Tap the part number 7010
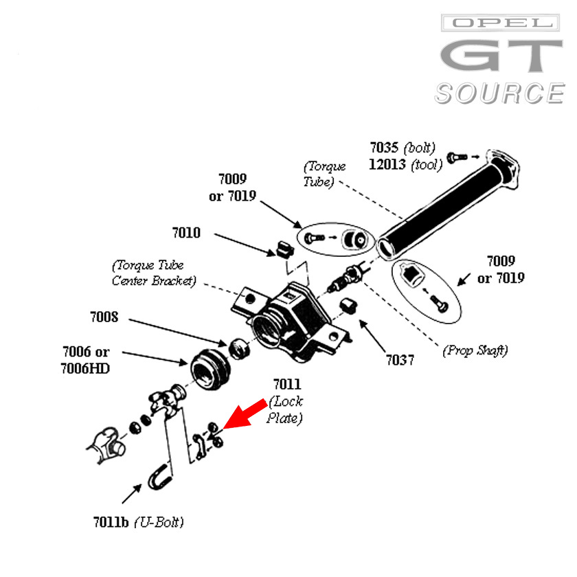click(x=186, y=233)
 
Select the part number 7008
click(x=104, y=317)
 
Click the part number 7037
click(x=400, y=360)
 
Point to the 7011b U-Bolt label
click(x=138, y=522)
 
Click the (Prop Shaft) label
click(x=475, y=350)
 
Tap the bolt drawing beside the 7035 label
click(x=457, y=157)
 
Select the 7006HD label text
click(x=85, y=369)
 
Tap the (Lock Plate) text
click(x=286, y=409)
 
